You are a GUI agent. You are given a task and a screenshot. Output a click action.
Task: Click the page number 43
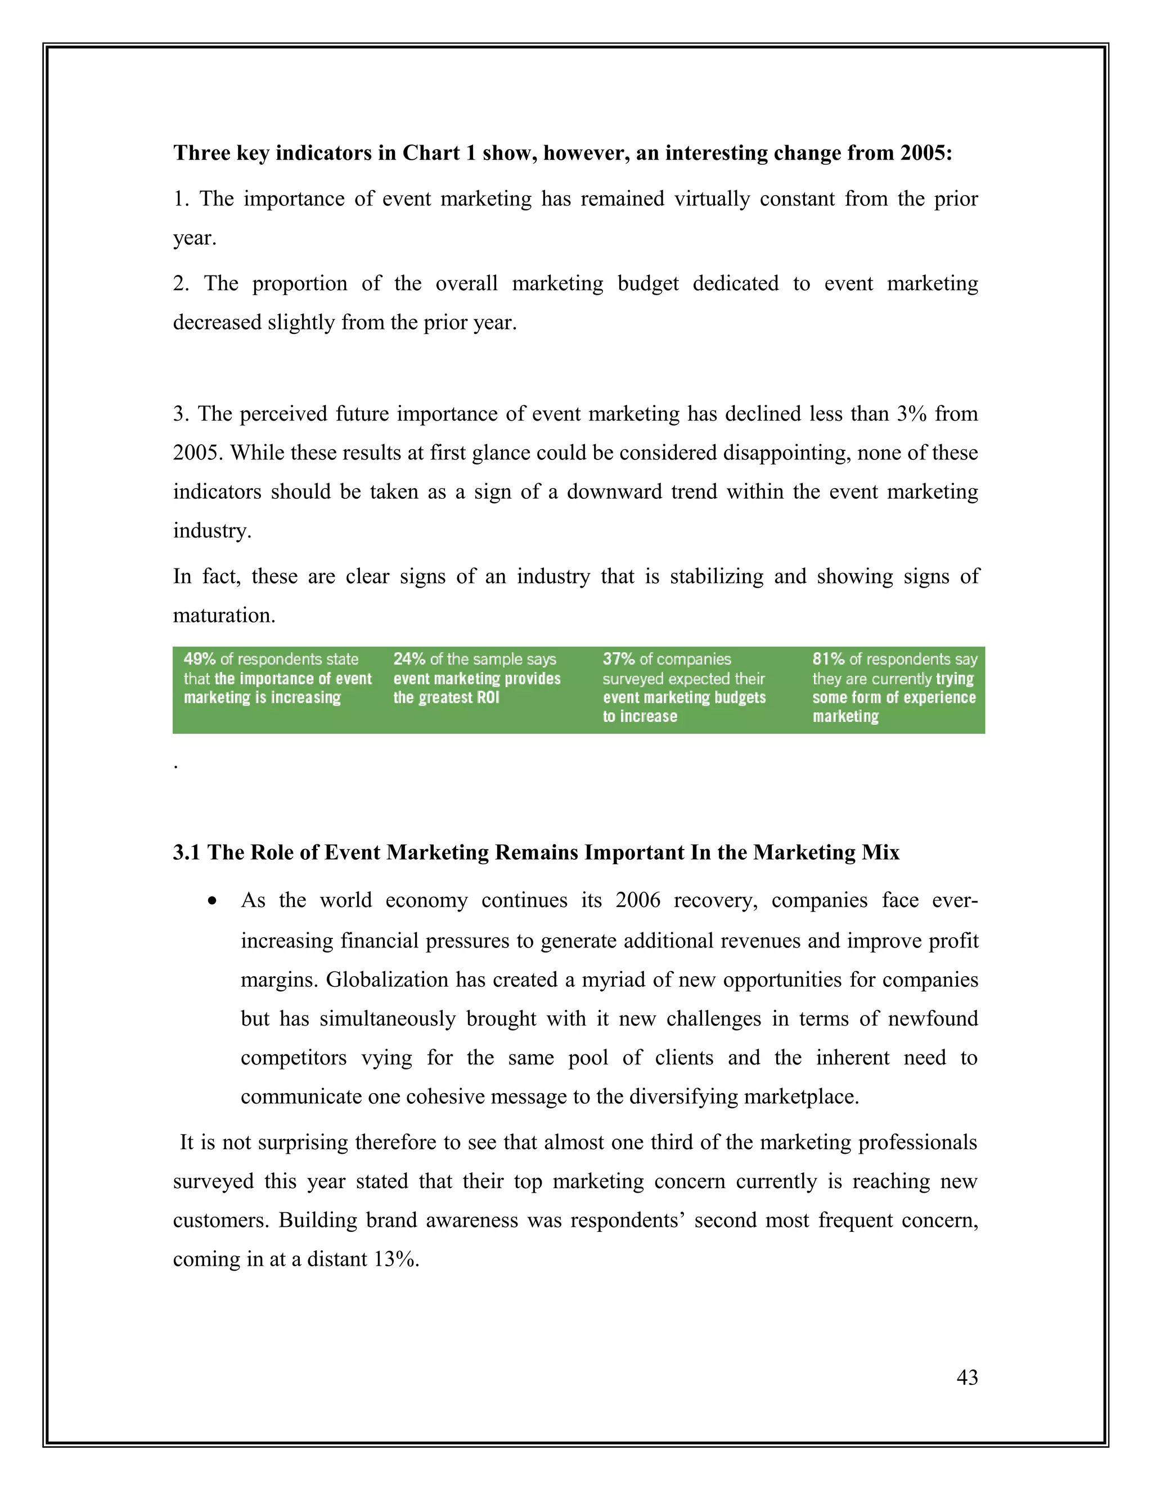967,1377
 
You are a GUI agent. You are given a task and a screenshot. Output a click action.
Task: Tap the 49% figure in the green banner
199,659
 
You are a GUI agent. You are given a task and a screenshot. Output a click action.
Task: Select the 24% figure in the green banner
409,659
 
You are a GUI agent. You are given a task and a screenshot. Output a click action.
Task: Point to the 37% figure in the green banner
618,659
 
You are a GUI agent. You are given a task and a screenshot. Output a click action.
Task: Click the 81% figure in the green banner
828,659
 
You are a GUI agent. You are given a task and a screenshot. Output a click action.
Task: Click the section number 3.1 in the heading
186,853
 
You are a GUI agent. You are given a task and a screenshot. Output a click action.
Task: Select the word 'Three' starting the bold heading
202,153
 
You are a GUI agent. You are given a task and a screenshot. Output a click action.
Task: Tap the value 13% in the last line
396,1259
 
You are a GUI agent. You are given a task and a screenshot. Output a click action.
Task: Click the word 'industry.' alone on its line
212,531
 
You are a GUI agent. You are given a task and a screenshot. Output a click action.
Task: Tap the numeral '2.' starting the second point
181,283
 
